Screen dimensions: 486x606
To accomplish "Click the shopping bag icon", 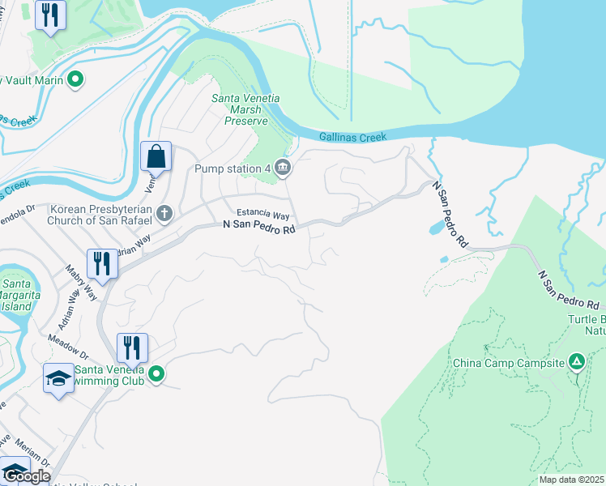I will click(156, 155).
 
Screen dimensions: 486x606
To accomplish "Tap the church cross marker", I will click(164, 213).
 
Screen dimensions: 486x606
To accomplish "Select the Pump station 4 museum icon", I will click(282, 168).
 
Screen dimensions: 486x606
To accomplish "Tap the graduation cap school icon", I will click(58, 378).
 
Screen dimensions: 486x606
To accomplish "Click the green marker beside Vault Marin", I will click(75, 79).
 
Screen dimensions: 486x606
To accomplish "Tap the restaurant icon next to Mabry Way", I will click(102, 262).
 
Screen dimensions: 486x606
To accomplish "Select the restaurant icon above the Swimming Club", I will click(132, 347).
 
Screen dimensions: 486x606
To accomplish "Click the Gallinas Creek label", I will click(352, 137).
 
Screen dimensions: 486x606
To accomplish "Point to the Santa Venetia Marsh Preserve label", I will click(245, 109).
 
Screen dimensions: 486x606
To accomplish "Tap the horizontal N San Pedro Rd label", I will click(258, 229).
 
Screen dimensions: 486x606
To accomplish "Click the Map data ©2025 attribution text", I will click(571, 480).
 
